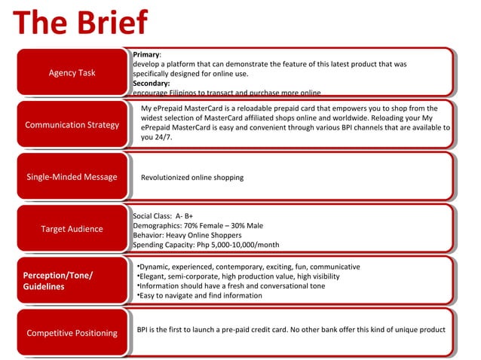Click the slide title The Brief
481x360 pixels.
pos(80,23)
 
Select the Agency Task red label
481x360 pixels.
pos(72,73)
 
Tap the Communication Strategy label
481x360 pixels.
pos(72,125)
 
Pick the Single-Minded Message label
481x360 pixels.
pos(72,177)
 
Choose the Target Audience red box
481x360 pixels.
pos(72,229)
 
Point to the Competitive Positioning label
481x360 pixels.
pos(72,333)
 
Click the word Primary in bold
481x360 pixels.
pos(146,55)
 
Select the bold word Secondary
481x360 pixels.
pos(151,84)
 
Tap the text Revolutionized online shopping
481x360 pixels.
pos(192,178)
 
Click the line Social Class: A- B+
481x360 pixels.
pos(163,216)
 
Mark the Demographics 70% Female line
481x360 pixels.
pos(198,225)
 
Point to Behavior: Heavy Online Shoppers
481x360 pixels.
pos(186,235)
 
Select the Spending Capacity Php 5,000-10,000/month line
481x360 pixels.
pos(206,245)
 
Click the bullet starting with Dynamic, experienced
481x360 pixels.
pos(249,267)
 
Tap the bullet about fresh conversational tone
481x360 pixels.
pos(232,286)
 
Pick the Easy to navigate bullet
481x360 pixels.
pos(200,296)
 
